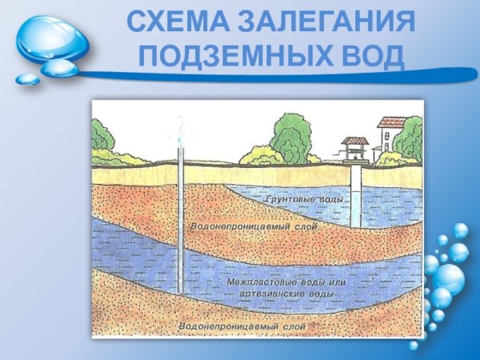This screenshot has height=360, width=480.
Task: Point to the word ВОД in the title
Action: tap(370, 56)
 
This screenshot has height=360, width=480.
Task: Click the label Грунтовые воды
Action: tap(304, 198)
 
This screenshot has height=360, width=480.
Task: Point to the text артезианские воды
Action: tap(286, 294)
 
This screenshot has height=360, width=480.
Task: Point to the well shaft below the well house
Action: tap(354, 196)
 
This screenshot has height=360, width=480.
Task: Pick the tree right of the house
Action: tap(410, 138)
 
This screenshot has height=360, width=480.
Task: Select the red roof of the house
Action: tap(391, 122)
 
